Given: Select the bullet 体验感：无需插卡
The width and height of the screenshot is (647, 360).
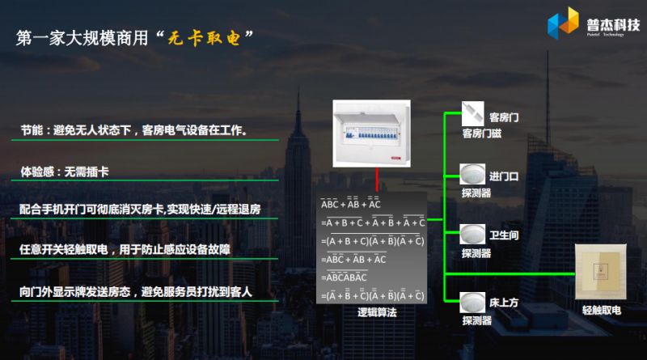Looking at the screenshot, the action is (x=69, y=172).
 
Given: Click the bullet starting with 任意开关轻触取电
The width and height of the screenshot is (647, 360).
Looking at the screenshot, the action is (x=125, y=248).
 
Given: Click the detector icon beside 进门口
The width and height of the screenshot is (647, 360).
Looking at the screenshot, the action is (x=472, y=172).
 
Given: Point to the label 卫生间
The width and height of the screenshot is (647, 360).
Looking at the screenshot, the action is (x=504, y=235).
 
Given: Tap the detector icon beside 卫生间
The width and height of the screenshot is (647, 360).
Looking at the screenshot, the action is (x=472, y=234).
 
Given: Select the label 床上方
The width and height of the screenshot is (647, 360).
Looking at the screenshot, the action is (x=504, y=302).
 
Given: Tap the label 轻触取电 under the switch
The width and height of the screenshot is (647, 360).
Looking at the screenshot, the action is (x=602, y=310).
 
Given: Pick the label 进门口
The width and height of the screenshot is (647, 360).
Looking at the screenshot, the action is (x=504, y=176).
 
